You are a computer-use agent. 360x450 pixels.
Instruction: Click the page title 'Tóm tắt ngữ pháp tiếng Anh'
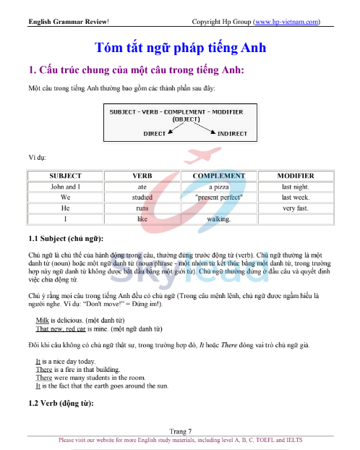click(180, 48)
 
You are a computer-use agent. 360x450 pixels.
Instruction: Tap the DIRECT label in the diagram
click(155, 134)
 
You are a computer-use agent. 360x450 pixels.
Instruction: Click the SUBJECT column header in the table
click(65, 176)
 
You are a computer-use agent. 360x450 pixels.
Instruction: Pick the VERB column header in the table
click(142, 176)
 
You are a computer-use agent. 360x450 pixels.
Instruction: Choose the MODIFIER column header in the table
click(295, 176)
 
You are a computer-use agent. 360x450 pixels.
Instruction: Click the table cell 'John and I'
click(65, 186)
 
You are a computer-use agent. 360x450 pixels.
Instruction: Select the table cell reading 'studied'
click(142, 197)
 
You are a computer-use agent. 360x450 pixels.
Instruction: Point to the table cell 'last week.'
click(295, 197)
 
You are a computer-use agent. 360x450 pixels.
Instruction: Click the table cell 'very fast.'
click(295, 208)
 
